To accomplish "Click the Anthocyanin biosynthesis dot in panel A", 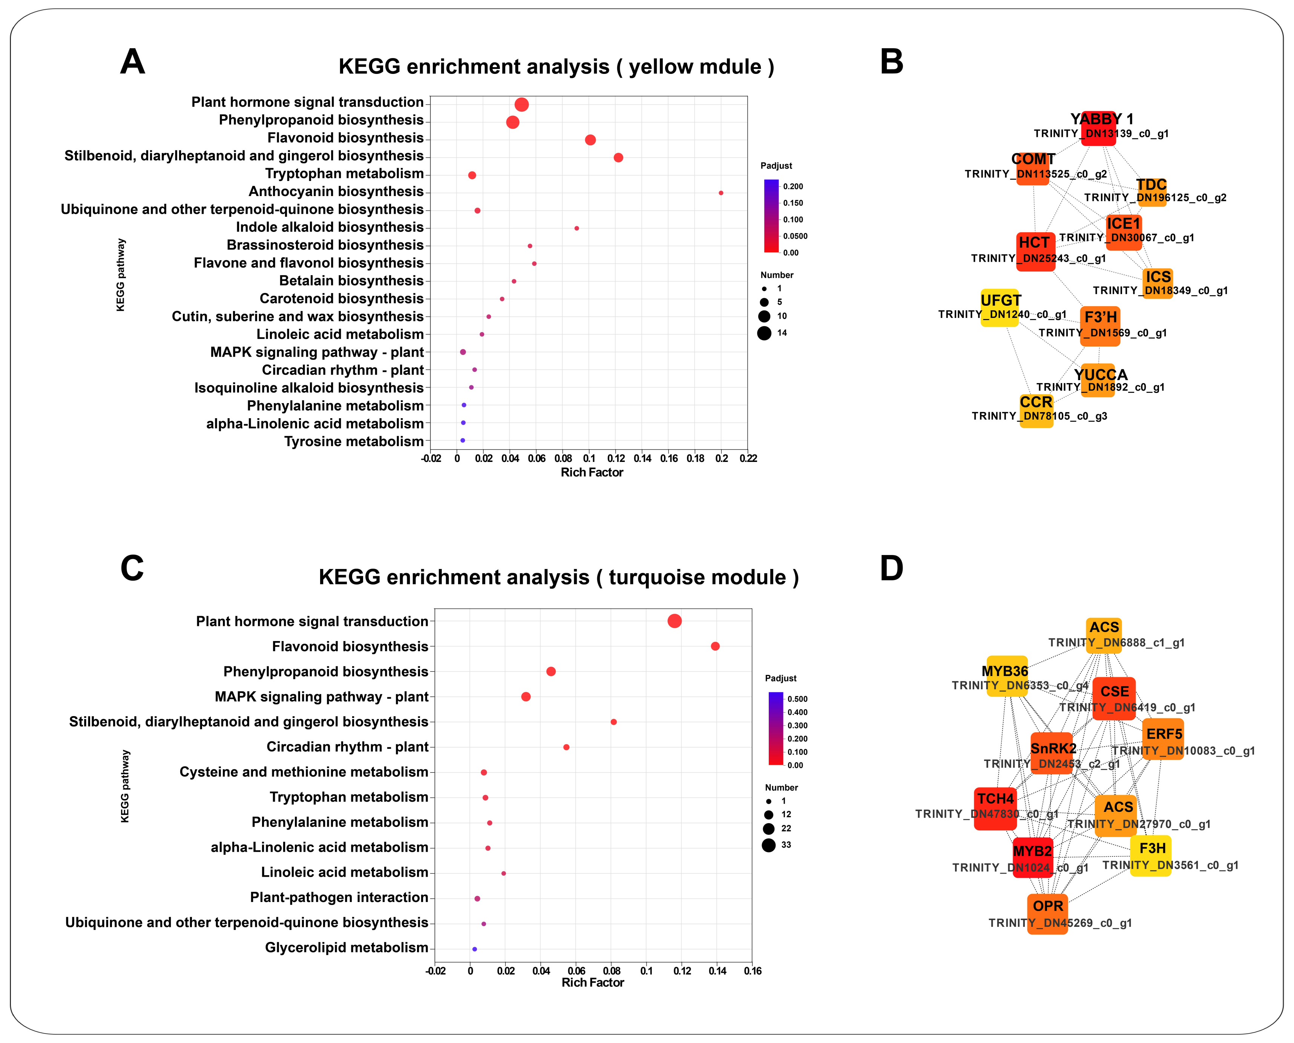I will tap(721, 193).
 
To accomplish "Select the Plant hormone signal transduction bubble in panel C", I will tap(675, 621).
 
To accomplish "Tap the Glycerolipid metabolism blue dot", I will tap(475, 949).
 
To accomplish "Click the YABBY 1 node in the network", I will tap(1098, 128).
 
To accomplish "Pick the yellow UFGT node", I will tap(1000, 308).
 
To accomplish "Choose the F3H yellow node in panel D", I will tap(1150, 856).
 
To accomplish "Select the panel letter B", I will tap(891, 62).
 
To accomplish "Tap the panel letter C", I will tap(132, 568).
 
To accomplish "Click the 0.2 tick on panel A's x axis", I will tap(722, 459).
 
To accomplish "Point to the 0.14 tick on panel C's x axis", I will tap(717, 971).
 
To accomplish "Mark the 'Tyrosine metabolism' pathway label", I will tap(354, 442).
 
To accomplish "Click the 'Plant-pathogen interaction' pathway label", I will tap(339, 897).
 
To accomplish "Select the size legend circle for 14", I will tap(764, 333).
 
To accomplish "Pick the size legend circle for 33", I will tap(768, 845).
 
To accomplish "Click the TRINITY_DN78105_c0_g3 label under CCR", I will tap(1039, 416).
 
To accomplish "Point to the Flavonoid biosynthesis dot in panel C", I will tap(715, 646).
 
